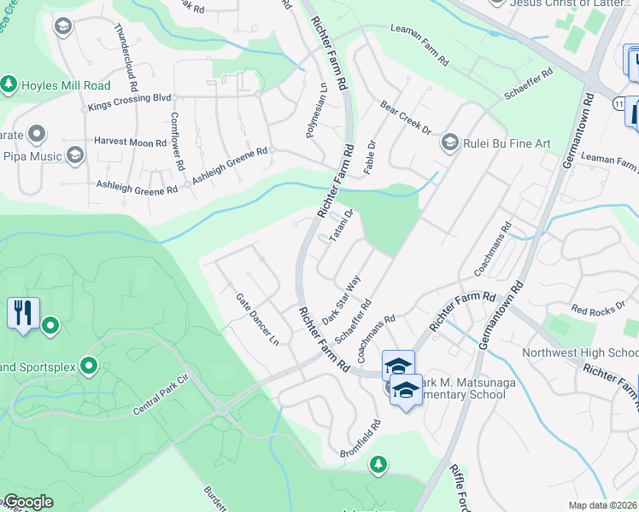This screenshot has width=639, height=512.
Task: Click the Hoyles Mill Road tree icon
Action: pos(9,84)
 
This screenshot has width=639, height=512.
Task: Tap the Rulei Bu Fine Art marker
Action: pos(449,143)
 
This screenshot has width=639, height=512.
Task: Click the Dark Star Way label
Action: pos(342,298)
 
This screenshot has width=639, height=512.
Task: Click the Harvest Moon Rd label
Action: pos(130,143)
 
